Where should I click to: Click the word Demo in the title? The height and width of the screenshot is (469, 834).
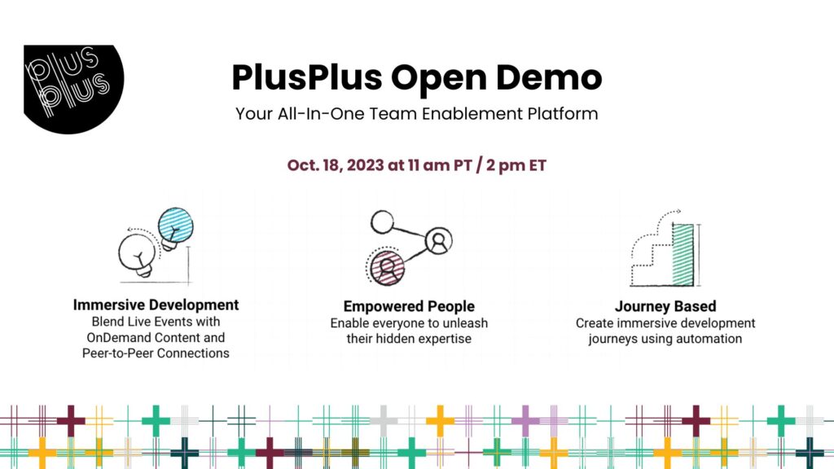pos(549,77)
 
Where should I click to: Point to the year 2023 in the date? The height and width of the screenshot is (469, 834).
pos(366,165)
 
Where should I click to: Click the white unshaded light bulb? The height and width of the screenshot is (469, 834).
pos(138,255)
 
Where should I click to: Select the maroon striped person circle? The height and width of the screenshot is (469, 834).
pos(387,268)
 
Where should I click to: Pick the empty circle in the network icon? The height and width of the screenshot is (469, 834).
pos(382,221)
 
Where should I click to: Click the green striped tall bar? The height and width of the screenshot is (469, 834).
pos(683,255)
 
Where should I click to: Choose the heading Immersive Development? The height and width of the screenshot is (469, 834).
pos(156,305)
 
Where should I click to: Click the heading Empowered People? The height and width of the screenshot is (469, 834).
pos(409,306)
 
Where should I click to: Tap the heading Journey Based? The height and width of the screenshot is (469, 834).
pos(665,306)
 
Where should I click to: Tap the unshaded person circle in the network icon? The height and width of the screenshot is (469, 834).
pos(439,241)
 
